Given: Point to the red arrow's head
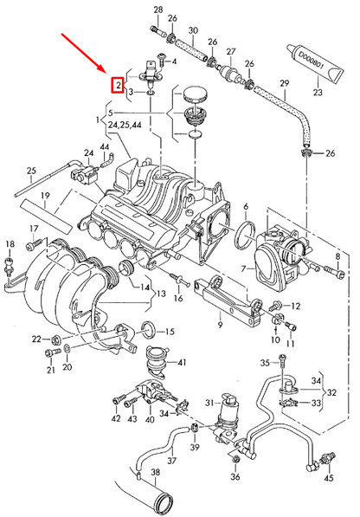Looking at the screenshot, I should click(x=105, y=72).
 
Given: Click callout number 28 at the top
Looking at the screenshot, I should click(x=157, y=9).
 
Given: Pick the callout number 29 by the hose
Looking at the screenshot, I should click(x=283, y=85).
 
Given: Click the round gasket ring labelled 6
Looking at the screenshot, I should click(x=245, y=231).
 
